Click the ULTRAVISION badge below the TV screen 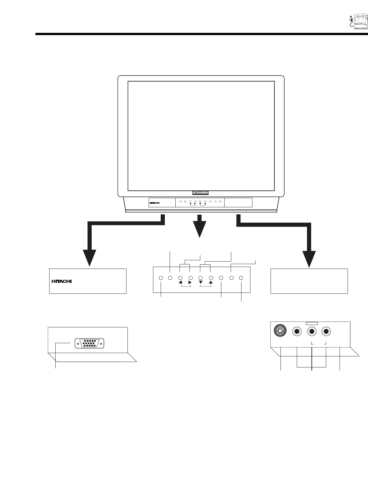[200, 192]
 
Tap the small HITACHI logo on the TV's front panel [154, 203]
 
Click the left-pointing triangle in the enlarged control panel [180, 283]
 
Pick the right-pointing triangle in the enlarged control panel [190, 283]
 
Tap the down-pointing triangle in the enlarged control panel [201, 283]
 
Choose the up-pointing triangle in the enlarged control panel [211, 283]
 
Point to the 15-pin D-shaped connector [89, 343]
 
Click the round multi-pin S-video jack [280, 331]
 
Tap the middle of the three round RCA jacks [312, 331]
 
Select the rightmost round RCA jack [326, 331]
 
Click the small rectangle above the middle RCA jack [311, 323]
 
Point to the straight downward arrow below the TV [200, 226]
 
